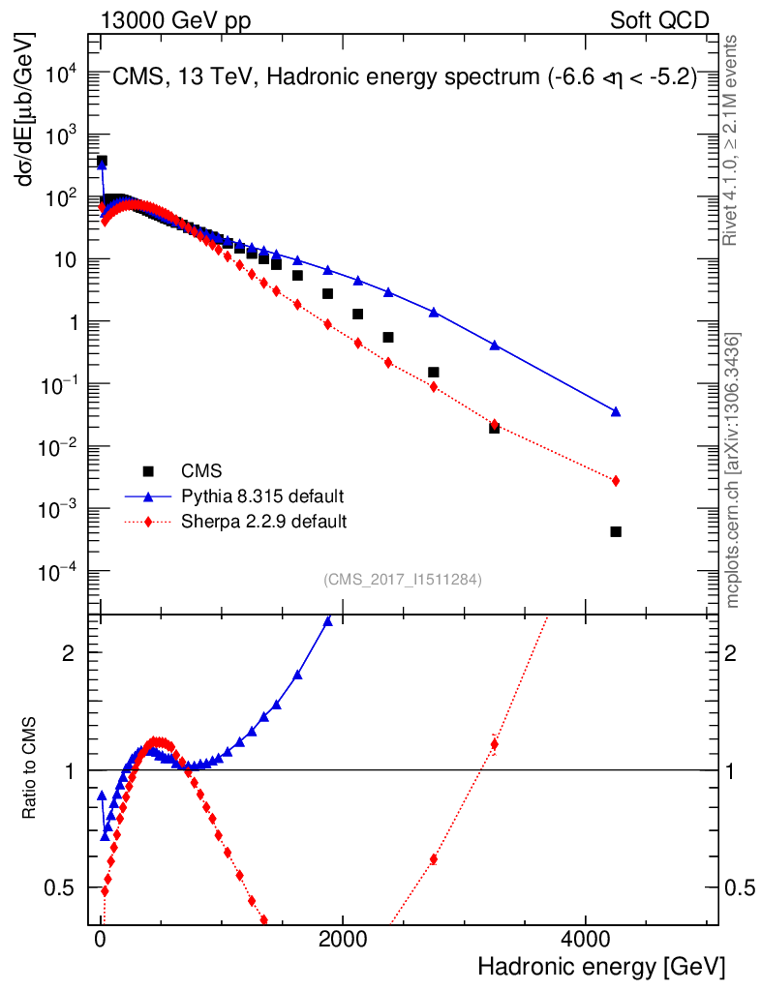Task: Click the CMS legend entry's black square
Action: [148, 471]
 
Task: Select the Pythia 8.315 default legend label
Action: [262, 496]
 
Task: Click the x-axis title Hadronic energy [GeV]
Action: [600, 968]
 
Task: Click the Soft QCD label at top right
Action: [659, 20]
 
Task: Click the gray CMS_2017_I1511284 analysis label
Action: [403, 580]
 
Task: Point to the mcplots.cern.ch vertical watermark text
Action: [734, 470]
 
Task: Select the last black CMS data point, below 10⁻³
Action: [616, 531]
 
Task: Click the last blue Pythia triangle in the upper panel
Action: [616, 411]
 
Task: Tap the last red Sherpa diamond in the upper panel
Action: [616, 481]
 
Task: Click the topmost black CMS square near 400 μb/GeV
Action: [102, 161]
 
